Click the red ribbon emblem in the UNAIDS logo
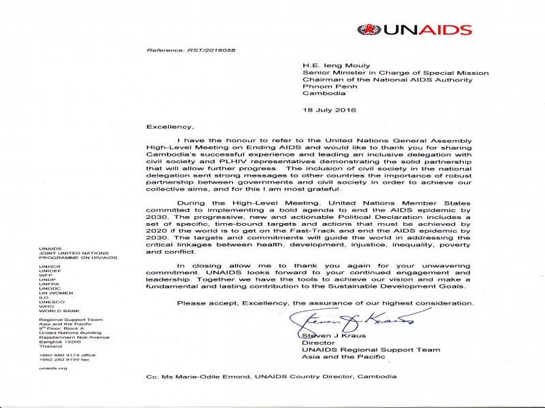click(x=366, y=30)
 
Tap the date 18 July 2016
click(x=329, y=109)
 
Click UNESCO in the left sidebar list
click(x=52, y=302)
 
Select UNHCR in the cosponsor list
click(x=50, y=267)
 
